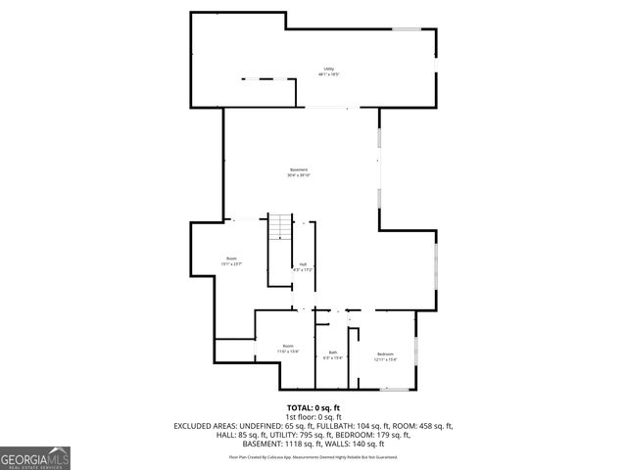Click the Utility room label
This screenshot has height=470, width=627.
[x=329, y=70]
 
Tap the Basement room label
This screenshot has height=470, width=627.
[x=299, y=172]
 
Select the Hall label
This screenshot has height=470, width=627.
[x=304, y=266]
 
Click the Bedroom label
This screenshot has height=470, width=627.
[x=385, y=355]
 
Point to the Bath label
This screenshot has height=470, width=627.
[x=333, y=354]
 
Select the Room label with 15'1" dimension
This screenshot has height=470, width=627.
[x=231, y=260]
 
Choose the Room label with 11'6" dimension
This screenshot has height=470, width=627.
[x=288, y=348]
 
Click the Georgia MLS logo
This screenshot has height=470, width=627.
[x=35, y=457]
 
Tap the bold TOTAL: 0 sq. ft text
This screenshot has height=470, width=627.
[x=313, y=407]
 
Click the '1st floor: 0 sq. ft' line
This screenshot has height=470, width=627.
[x=313, y=417]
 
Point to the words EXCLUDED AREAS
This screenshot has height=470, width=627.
[x=206, y=426]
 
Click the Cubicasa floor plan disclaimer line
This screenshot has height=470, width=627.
[x=313, y=456]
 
